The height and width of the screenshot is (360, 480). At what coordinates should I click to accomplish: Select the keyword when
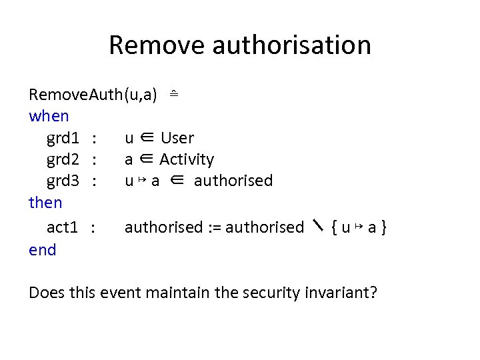click(49, 116)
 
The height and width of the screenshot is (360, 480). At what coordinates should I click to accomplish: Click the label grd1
click(64, 138)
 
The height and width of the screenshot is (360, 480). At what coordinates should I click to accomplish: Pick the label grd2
click(64, 159)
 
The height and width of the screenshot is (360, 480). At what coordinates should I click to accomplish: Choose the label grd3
click(64, 181)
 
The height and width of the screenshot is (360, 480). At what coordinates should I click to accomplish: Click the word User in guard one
click(177, 138)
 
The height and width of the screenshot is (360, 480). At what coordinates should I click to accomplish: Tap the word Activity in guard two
click(187, 159)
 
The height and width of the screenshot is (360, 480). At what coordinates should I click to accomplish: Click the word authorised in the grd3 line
click(233, 181)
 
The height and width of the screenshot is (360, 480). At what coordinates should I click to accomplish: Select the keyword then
click(45, 202)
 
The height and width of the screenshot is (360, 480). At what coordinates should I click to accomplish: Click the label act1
click(63, 227)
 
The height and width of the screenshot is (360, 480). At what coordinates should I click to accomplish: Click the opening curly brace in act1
click(334, 227)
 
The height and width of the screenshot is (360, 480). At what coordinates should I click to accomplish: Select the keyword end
click(43, 250)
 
